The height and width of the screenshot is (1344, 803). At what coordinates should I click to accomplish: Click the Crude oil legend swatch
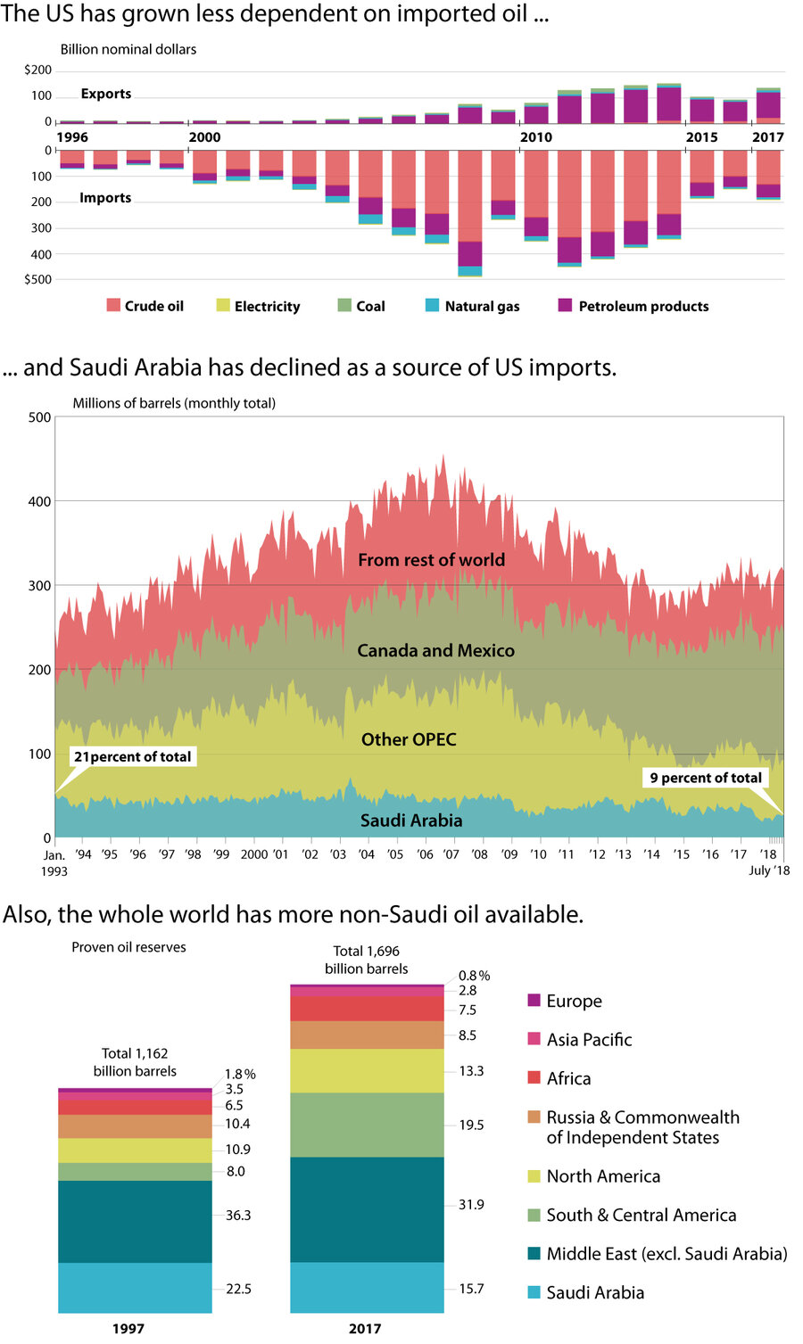coord(113,305)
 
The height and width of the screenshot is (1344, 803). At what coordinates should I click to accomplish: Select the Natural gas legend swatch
coord(433,305)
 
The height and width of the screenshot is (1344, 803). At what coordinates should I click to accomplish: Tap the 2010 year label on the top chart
coord(536,137)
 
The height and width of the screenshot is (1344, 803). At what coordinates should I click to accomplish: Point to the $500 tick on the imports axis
coord(38,279)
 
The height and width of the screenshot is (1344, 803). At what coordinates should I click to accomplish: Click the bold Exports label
coord(105,94)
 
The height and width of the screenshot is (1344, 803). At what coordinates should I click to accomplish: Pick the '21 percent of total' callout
coord(132,757)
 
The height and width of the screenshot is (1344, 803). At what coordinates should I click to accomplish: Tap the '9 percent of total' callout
coord(706,778)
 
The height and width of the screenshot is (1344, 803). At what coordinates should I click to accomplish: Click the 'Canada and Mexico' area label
coord(435,651)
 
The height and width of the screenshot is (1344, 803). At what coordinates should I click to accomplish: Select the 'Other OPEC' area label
coord(409,739)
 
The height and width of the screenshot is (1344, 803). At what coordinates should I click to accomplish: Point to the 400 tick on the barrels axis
coord(39,501)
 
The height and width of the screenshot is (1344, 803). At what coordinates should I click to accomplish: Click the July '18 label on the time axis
coord(768,870)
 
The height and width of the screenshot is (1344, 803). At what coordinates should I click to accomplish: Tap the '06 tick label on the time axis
coord(425,854)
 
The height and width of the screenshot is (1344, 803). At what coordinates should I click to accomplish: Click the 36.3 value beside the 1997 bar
coord(238,1216)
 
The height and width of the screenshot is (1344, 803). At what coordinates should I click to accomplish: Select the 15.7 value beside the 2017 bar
coord(471,1289)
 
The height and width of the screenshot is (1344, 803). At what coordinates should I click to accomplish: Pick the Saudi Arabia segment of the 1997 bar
coord(135,1288)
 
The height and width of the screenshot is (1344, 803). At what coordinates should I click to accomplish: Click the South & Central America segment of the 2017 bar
coord(367,1125)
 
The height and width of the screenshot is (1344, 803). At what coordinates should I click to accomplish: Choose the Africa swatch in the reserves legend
coord(534,1077)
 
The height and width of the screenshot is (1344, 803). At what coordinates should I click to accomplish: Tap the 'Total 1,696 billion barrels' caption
coord(367,960)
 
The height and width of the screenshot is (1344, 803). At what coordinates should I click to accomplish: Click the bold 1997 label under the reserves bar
coord(128,1329)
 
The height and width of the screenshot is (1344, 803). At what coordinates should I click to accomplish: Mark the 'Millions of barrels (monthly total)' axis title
coord(174,403)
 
